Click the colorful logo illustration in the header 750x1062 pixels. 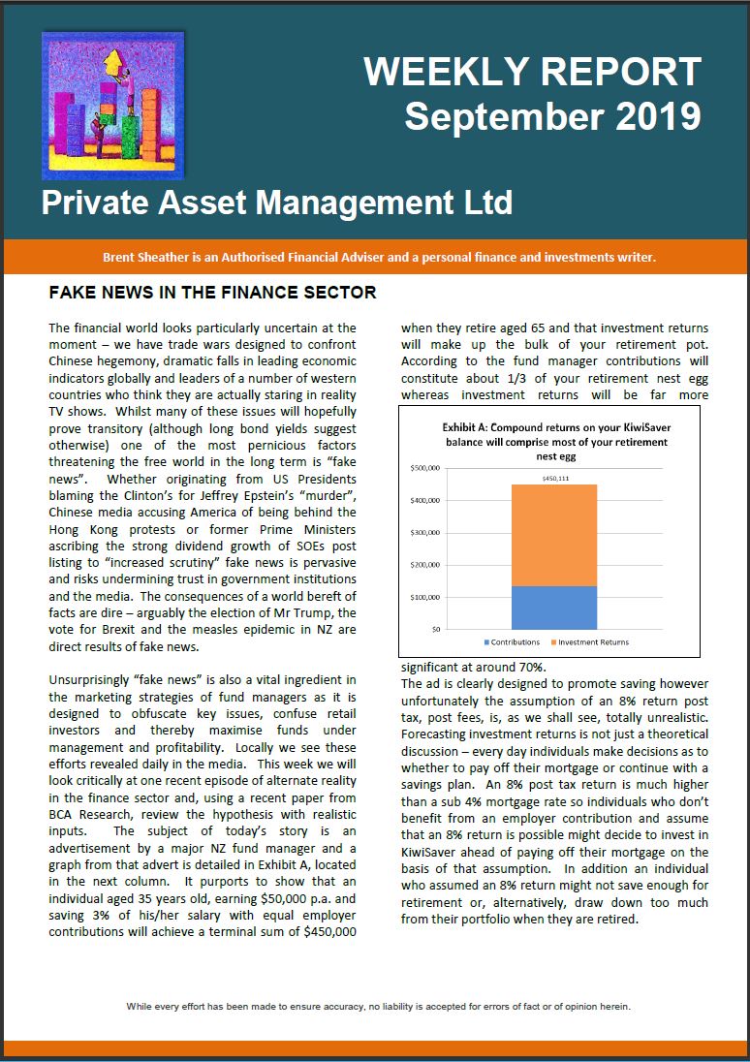pyautogui.click(x=112, y=107)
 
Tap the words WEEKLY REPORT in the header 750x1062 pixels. pyautogui.click(x=532, y=73)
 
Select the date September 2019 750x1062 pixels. pyautogui.click(x=552, y=116)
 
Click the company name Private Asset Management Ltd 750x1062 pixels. pyautogui.click(x=276, y=203)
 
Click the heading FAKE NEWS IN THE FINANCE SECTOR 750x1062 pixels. pyautogui.click(x=212, y=292)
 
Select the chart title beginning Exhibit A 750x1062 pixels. pyautogui.click(x=556, y=441)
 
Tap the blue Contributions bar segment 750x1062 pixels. pyautogui.click(x=555, y=608)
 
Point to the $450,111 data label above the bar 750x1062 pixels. pyautogui.click(x=555, y=477)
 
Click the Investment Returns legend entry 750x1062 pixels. pyautogui.click(x=594, y=642)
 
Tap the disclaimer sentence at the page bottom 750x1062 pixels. pyautogui.click(x=378, y=1006)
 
